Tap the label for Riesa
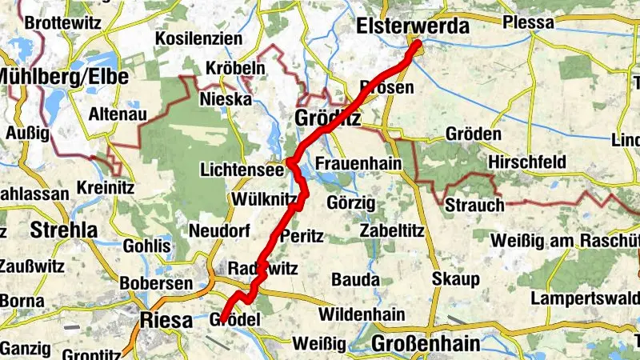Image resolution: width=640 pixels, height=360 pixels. coord(166,321)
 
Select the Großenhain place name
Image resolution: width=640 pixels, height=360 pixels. coord(426,344)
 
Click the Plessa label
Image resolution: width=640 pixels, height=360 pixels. coord(529,22)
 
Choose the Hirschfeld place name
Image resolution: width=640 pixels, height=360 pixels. coord(526,162)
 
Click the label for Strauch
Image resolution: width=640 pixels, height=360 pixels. coord(475,204)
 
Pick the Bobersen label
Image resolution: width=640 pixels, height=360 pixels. coord(156,283)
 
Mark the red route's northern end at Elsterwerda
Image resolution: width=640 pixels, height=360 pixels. coord(417,44)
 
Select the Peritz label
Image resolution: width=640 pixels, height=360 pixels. coord(301,237)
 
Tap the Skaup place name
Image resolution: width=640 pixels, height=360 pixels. coord(455,279)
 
